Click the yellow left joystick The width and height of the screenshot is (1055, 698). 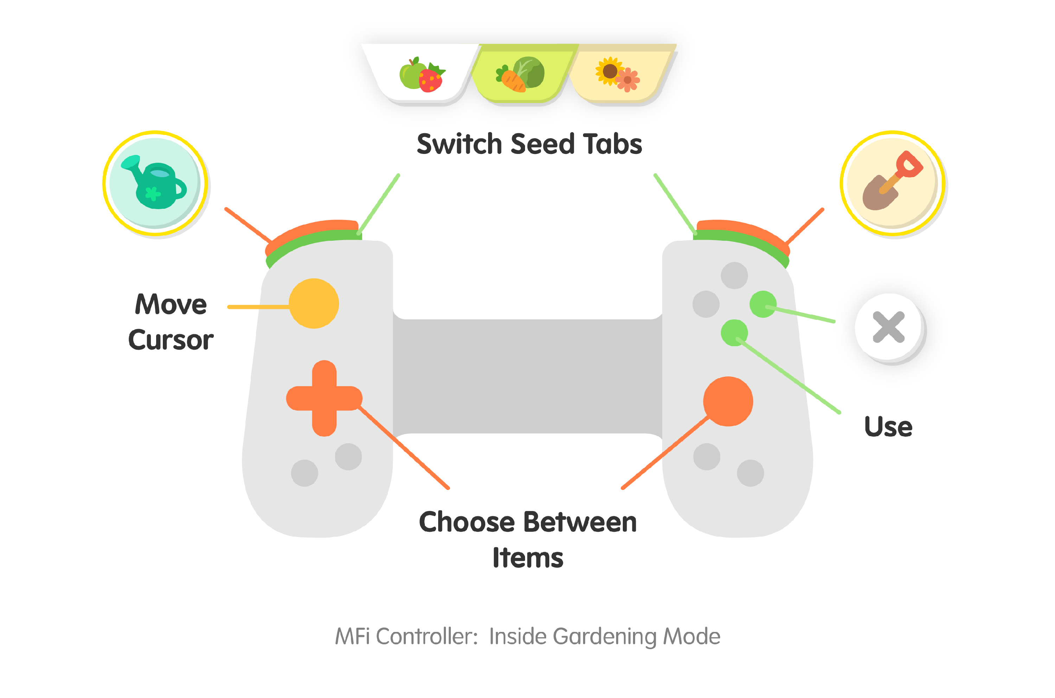(314, 304)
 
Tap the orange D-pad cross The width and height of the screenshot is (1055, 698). (324, 398)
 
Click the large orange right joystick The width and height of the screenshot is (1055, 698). (728, 401)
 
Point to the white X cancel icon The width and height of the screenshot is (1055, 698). (889, 328)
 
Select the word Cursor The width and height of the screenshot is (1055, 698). (171, 340)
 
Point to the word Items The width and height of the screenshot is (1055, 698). (528, 558)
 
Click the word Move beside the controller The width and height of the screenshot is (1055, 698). (171, 305)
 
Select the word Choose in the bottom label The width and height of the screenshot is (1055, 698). (466, 522)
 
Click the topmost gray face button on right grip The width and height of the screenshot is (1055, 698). (734, 276)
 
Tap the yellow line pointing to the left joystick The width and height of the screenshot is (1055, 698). (258, 307)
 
